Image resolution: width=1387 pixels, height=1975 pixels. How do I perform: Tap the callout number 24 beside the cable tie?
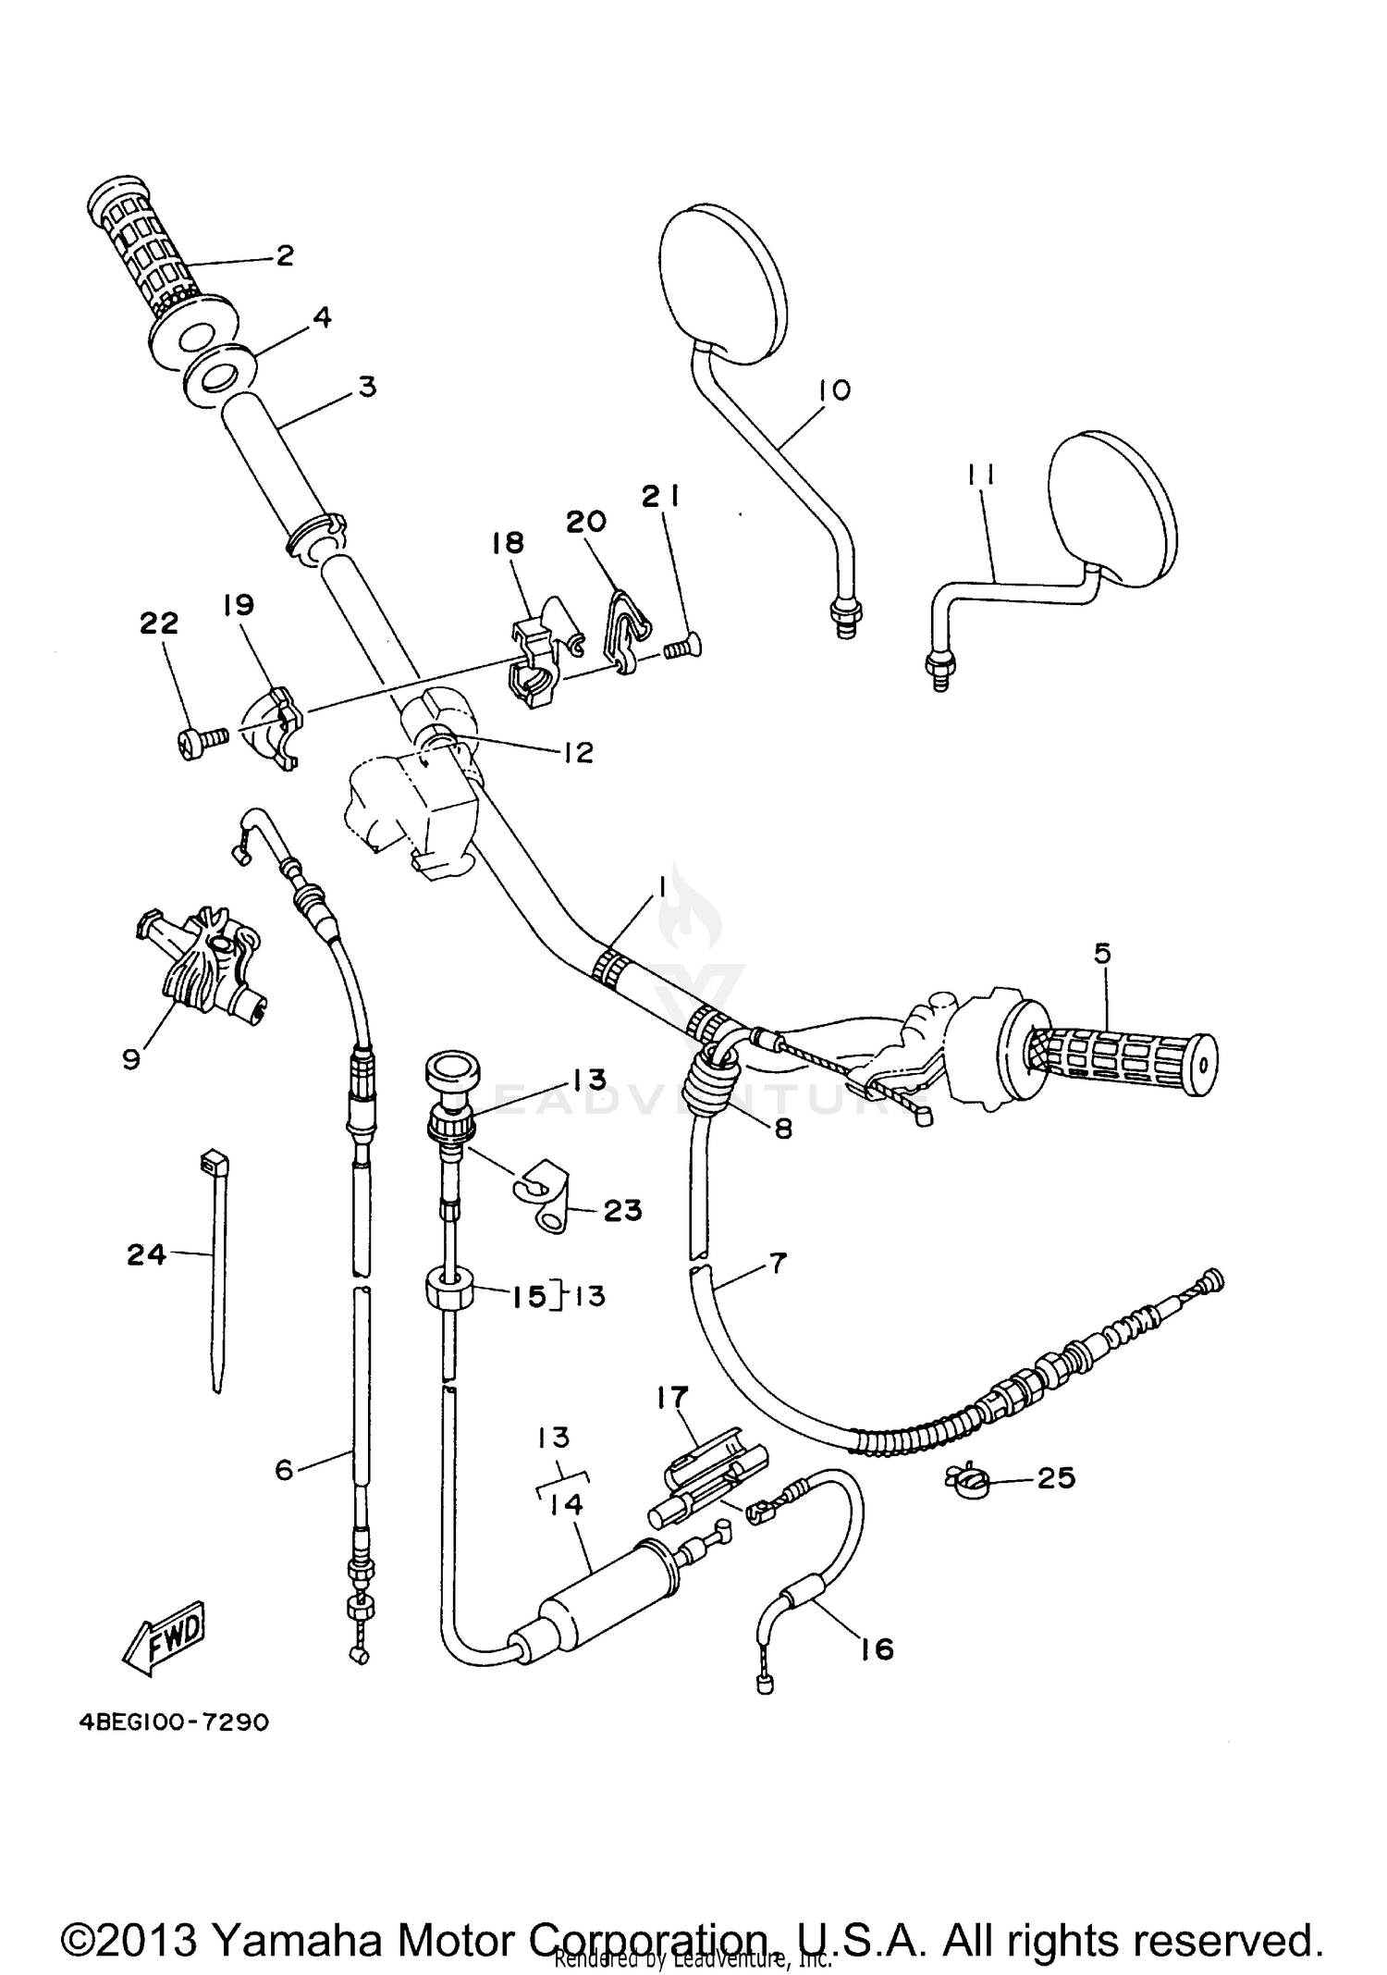pyautogui.click(x=146, y=1255)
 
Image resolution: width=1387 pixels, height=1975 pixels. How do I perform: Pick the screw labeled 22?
pyautogui.click(x=202, y=739)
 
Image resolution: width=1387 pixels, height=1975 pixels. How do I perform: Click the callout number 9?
pyautogui.click(x=131, y=1057)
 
